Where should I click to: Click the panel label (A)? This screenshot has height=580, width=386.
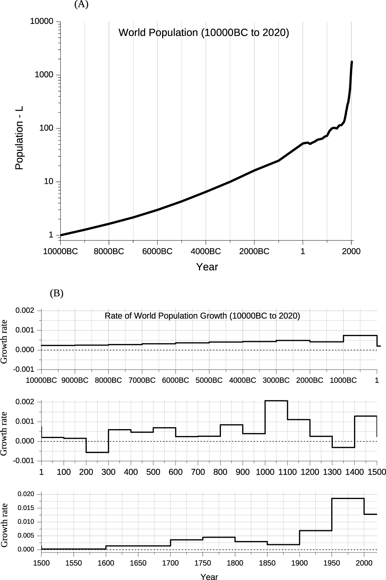click(x=81, y=5)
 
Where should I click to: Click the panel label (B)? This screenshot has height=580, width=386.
click(x=57, y=293)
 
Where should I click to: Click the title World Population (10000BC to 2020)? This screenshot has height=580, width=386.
click(x=204, y=33)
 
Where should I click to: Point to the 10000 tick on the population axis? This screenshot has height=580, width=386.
click(x=42, y=22)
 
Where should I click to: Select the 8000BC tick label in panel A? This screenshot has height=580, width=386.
click(x=109, y=252)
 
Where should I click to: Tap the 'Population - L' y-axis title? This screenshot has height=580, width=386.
click(x=19, y=138)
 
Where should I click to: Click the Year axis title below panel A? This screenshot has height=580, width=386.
click(x=207, y=267)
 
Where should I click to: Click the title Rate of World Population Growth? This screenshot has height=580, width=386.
click(x=202, y=316)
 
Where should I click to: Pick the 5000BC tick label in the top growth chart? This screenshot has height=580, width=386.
click(x=209, y=381)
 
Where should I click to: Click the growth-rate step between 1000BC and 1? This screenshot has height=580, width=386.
click(x=360, y=336)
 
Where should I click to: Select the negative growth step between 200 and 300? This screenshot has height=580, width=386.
click(x=97, y=452)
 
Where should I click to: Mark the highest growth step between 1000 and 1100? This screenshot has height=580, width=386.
click(x=276, y=401)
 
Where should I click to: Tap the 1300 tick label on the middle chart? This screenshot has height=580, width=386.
click(x=332, y=472)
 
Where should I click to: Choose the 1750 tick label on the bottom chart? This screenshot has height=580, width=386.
click(x=203, y=563)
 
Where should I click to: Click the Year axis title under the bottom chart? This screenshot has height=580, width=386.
click(x=209, y=577)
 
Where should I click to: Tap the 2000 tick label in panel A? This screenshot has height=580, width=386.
click(x=351, y=252)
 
